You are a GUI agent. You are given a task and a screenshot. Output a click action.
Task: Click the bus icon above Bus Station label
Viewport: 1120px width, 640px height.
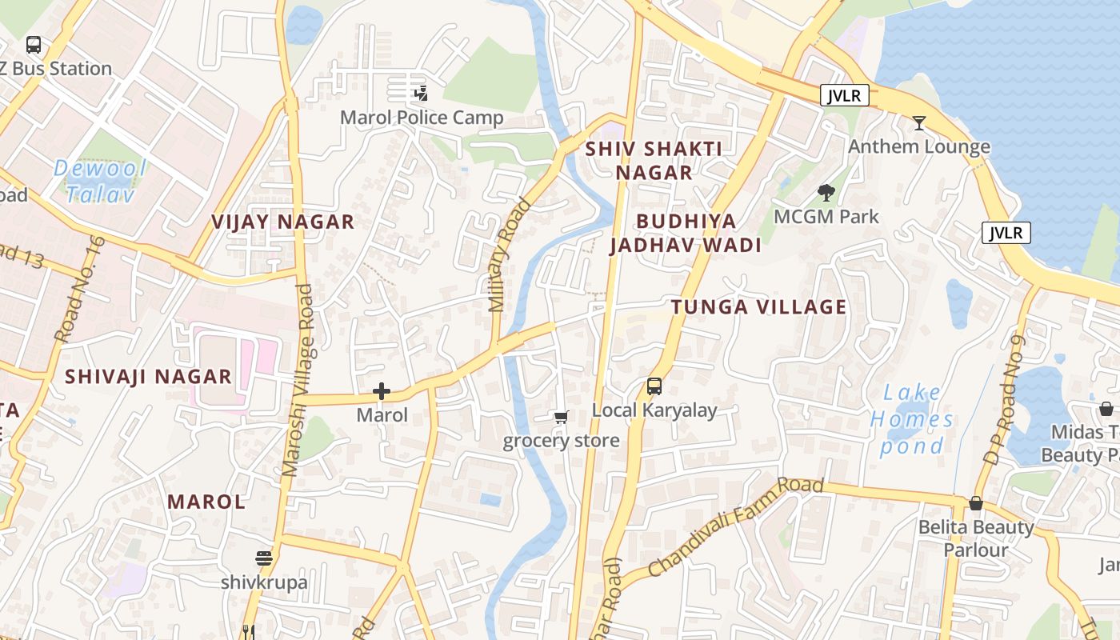pos(33,45)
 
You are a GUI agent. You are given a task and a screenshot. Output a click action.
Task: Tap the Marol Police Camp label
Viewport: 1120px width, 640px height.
pos(422,118)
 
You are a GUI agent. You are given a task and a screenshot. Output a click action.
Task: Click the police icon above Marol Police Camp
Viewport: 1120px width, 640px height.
pos(421,94)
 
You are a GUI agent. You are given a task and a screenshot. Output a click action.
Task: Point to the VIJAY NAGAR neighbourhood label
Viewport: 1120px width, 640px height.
pos(282,222)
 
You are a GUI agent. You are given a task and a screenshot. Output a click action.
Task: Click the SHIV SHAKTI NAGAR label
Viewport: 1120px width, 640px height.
pos(654,160)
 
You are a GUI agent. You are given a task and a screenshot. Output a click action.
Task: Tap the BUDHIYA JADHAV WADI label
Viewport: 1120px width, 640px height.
pos(686,233)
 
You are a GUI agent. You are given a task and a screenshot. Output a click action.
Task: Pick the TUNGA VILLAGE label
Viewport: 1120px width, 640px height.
pos(758,306)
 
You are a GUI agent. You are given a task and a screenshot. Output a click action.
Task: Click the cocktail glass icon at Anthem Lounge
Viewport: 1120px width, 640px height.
pos(919,123)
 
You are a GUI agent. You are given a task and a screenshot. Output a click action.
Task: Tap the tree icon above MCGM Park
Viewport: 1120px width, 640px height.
pos(826,193)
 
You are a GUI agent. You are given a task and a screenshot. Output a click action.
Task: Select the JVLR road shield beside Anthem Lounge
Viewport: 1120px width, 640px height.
pos(845,96)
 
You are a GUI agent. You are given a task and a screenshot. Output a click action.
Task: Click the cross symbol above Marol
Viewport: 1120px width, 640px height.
pos(382,391)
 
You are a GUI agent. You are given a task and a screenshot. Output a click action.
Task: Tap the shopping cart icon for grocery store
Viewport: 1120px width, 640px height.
pos(561,417)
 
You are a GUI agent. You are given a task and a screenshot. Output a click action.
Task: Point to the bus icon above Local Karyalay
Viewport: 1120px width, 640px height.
pos(654,386)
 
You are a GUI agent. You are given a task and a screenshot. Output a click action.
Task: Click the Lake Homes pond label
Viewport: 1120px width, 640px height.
pos(912,419)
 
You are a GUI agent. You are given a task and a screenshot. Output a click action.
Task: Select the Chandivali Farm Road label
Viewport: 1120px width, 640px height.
pos(736,526)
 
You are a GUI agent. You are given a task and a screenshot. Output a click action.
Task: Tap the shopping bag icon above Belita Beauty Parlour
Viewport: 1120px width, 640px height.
pos(975,503)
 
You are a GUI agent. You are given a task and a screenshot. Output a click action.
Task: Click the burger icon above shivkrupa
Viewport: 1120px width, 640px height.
pos(264,558)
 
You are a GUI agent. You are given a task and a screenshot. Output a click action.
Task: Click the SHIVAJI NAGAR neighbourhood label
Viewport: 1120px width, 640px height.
pos(148,376)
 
